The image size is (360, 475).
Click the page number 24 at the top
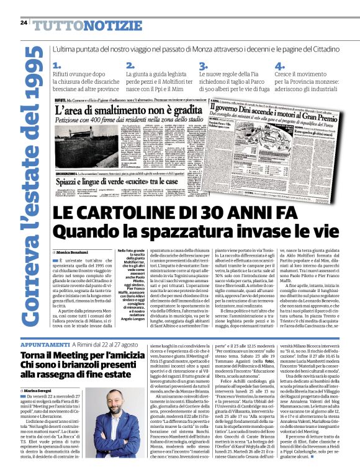coord(24,23)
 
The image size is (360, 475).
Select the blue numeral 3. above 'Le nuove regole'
coord(203,66)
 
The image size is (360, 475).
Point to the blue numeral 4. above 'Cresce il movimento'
coord(279,66)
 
